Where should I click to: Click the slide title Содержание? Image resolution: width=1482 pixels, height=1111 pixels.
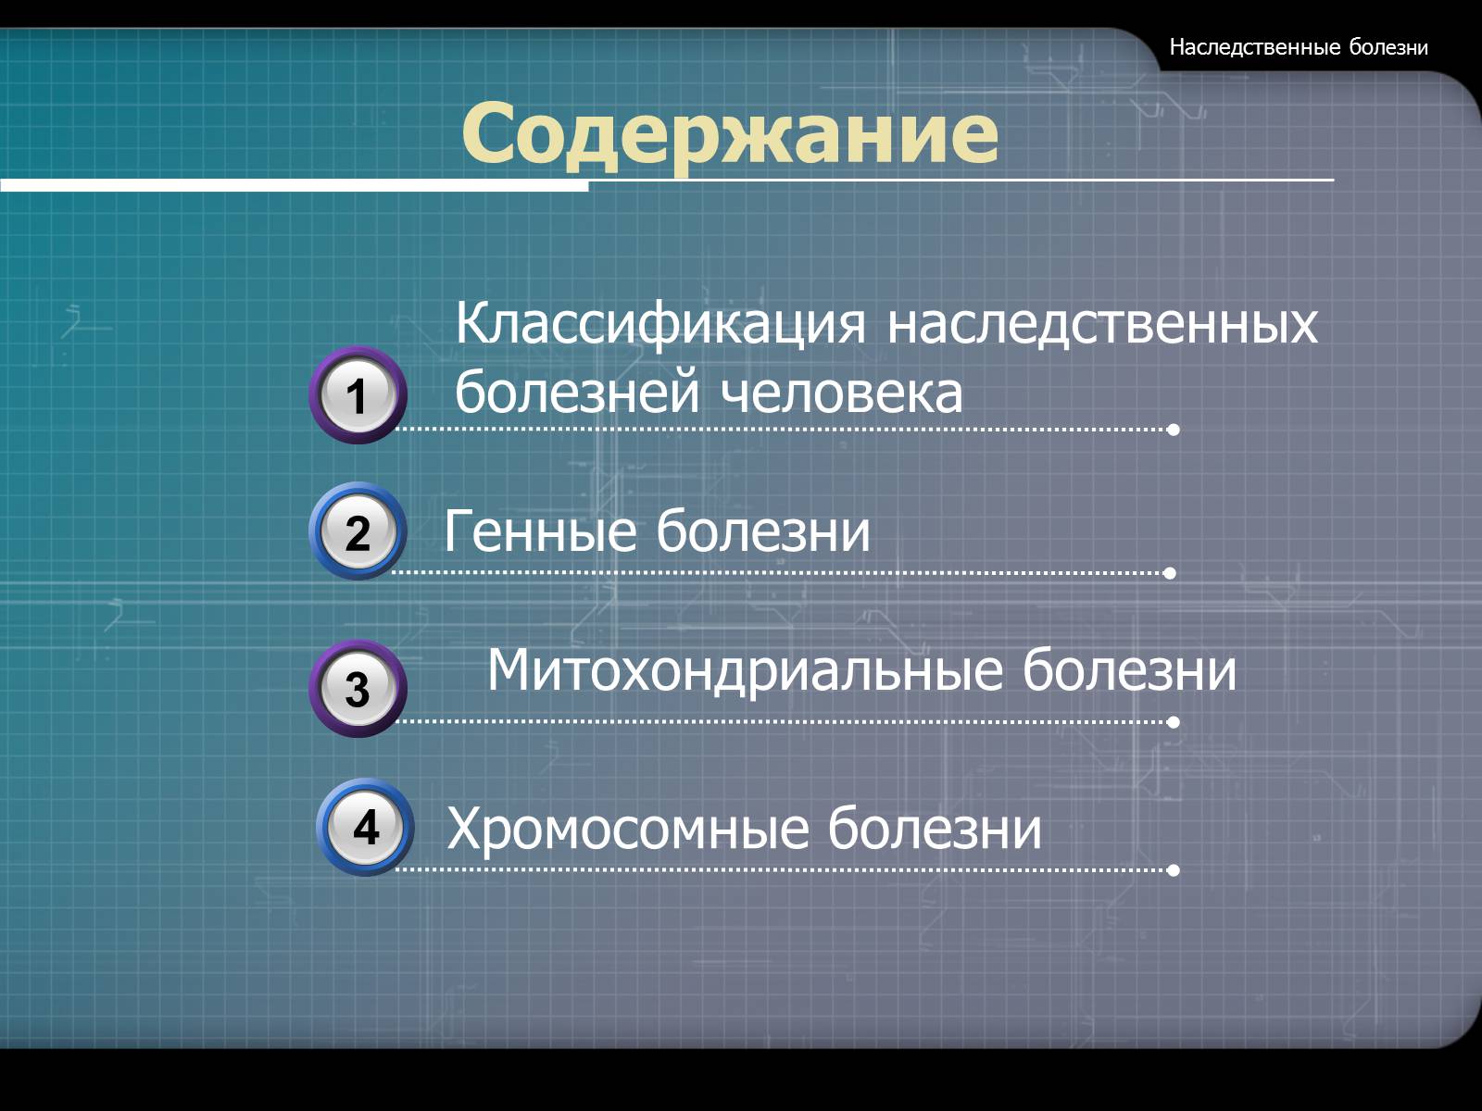pos(729,133)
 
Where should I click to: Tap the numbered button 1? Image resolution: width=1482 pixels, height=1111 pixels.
pos(358,394)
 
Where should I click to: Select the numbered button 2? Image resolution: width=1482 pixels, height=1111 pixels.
pos(358,531)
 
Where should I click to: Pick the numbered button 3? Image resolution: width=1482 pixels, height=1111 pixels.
pos(358,688)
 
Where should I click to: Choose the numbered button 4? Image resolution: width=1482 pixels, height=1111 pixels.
pos(365,827)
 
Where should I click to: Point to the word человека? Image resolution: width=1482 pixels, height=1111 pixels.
pos(841,393)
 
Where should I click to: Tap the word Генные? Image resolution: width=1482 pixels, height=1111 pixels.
pos(540,531)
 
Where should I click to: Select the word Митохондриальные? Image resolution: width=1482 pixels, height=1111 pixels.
pos(746,672)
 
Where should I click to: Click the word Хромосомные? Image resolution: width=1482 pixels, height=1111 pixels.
pos(628,829)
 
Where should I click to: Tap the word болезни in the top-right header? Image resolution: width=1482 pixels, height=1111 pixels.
pos(1388,47)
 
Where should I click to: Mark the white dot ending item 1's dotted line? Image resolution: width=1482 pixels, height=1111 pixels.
pos(1174,430)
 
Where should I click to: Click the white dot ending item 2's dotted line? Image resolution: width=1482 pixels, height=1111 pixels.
pos(1170,573)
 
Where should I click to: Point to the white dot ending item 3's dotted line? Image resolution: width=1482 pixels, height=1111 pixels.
pos(1174,722)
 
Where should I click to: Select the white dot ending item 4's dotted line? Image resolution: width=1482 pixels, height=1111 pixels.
pos(1174,870)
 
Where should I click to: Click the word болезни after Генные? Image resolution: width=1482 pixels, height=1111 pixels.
pos(763,531)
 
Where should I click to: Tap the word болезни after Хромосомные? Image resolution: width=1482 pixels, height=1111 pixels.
pos(935,828)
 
